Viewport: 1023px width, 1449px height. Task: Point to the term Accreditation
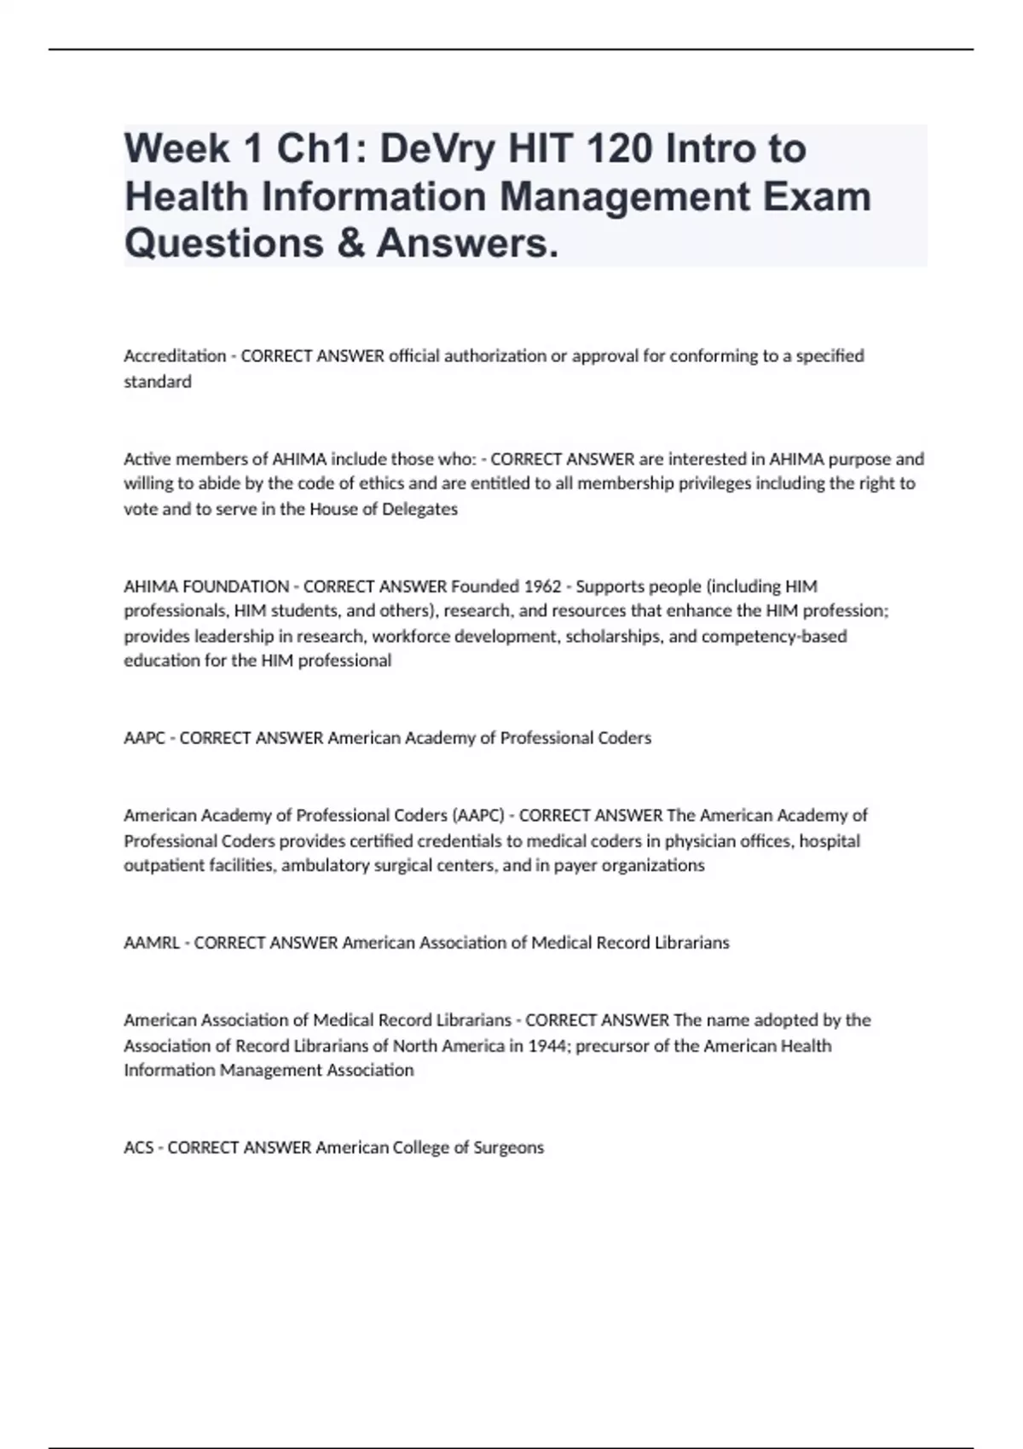(x=175, y=355)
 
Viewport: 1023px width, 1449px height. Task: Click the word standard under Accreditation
(x=158, y=381)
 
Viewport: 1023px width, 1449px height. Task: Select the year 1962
(x=541, y=586)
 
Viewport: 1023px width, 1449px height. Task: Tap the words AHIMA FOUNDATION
(x=206, y=586)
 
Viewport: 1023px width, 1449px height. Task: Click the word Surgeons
(x=509, y=1147)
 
